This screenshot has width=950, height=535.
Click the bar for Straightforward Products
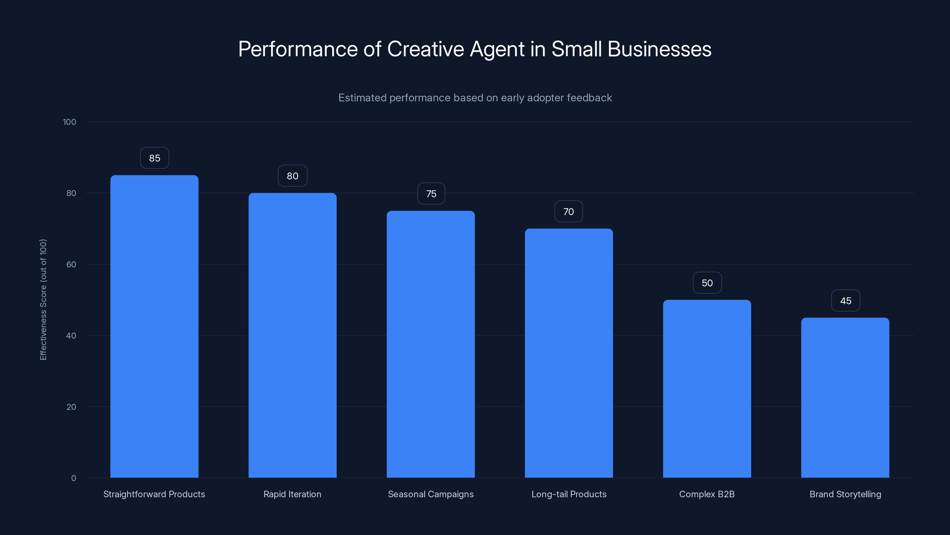pyautogui.click(x=154, y=326)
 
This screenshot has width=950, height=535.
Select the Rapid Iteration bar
pyautogui.click(x=292, y=335)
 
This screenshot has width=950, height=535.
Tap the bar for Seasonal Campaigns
pyautogui.click(x=430, y=344)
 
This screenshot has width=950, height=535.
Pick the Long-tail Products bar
pyautogui.click(x=569, y=353)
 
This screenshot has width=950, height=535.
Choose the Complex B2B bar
pyautogui.click(x=707, y=388)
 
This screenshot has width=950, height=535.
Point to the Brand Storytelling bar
pyautogui.click(x=845, y=397)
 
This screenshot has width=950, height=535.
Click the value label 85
pyautogui.click(x=154, y=158)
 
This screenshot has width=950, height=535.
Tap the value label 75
pyautogui.click(x=431, y=194)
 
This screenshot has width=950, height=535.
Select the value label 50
pyautogui.click(x=707, y=283)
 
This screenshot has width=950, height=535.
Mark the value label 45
pyautogui.click(x=845, y=301)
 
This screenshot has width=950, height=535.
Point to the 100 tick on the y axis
pyautogui.click(x=69, y=122)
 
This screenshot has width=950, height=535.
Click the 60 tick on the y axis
pyautogui.click(x=71, y=264)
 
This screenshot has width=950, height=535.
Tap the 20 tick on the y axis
pyautogui.click(x=71, y=407)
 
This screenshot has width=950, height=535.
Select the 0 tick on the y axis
pyautogui.click(x=73, y=478)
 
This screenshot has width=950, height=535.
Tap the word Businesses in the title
pyautogui.click(x=659, y=49)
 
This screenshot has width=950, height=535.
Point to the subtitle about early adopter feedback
pyautogui.click(x=475, y=98)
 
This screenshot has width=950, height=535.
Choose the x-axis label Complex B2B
pyautogui.click(x=707, y=494)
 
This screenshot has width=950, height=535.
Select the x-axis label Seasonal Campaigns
pyautogui.click(x=430, y=494)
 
